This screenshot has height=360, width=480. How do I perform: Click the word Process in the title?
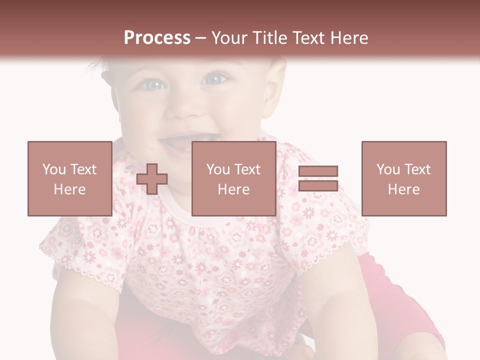[157, 38]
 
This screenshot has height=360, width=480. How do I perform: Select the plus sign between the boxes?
[152, 179]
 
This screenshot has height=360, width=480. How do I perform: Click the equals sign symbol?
[318, 178]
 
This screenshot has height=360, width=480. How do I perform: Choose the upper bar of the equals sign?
[318, 171]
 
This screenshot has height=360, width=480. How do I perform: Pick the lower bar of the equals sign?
[318, 186]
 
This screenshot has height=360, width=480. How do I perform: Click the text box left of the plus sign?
[69, 178]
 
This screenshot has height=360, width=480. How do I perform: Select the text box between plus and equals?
[233, 178]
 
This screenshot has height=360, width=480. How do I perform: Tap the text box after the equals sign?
[403, 178]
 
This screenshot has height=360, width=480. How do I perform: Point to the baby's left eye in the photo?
[215, 78]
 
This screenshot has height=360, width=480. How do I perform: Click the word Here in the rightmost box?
[403, 189]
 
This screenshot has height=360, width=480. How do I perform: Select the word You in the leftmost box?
[53, 169]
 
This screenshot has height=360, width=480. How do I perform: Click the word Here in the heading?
[348, 38]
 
